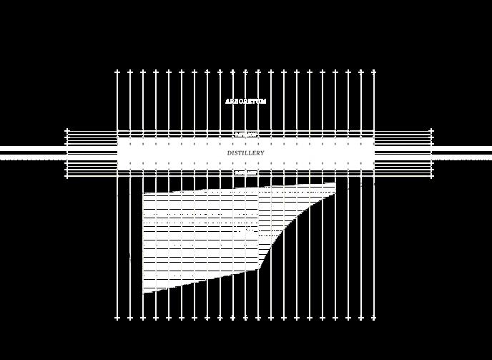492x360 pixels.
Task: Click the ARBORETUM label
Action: click(245, 102)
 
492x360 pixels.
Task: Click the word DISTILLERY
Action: click(245, 153)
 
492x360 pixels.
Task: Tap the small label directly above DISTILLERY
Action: click(245, 135)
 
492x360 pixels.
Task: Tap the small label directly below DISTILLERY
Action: click(245, 172)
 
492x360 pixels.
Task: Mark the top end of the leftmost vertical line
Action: click(117, 71)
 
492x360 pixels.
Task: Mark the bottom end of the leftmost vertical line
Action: click(117, 318)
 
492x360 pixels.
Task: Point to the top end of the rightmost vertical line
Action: click(374, 71)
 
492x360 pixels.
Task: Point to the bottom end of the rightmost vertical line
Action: click(374, 318)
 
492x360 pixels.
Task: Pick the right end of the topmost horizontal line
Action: click(432, 131)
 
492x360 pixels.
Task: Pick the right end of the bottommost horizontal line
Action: click(432, 176)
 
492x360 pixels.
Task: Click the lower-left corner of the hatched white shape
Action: click(144, 293)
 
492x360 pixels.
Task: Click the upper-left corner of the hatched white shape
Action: click(144, 193)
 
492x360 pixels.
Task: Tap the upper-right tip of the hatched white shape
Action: click(335, 184)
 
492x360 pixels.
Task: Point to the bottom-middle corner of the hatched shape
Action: click(258, 270)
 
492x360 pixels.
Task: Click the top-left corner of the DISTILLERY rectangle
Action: click(118, 139)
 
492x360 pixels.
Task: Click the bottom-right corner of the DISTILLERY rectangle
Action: click(374, 169)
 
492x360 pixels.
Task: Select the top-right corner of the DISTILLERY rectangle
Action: click(374, 139)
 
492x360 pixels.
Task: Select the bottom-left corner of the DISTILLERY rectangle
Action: click(118, 169)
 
